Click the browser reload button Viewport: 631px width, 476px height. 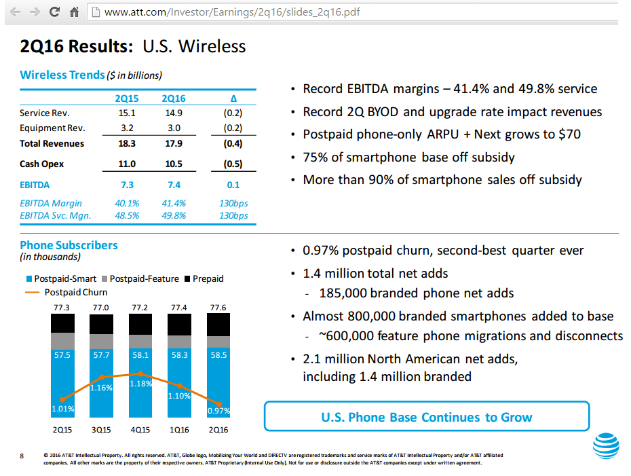(54, 12)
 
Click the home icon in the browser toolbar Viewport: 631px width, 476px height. (74, 12)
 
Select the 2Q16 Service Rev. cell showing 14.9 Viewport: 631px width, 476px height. (174, 113)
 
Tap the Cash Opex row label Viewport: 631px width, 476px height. (42, 164)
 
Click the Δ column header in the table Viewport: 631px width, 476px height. (233, 99)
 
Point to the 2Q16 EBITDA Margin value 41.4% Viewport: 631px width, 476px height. (174, 203)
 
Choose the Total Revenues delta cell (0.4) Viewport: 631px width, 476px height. (233, 144)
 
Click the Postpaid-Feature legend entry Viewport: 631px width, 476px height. (140, 279)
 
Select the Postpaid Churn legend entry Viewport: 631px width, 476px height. (75, 293)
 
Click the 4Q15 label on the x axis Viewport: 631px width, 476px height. (140, 430)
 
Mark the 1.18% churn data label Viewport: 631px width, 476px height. (140, 384)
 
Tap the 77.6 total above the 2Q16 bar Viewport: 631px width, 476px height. (218, 308)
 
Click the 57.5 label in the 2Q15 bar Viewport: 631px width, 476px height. (62, 355)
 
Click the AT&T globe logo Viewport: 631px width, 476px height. (606, 446)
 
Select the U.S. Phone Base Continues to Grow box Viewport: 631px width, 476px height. (426, 417)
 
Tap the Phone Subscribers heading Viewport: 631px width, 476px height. (69, 246)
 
